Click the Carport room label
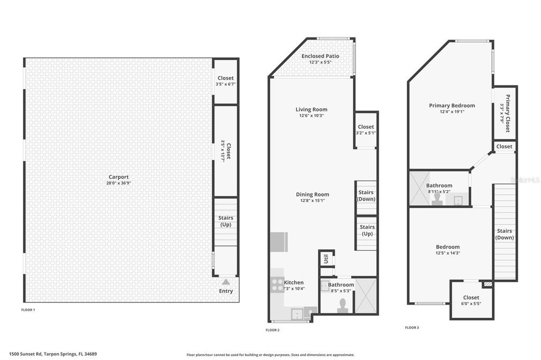coord(118,177)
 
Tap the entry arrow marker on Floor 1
coord(226,282)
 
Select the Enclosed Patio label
coord(320,56)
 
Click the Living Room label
coord(311,110)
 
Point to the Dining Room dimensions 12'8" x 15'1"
coord(312,201)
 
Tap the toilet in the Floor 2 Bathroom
coord(342,305)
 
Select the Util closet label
coord(327,259)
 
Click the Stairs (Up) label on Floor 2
coord(367,230)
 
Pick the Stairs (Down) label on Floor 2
coord(366,195)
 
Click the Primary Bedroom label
coord(452,106)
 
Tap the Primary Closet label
coord(505,113)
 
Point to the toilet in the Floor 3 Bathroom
coord(437,198)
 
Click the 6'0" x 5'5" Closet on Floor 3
coord(471,300)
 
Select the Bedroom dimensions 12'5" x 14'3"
coord(447,253)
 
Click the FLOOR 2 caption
coord(272,330)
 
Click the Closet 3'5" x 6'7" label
coord(225,81)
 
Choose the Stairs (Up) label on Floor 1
coord(226,221)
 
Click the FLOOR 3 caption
coord(412,327)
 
